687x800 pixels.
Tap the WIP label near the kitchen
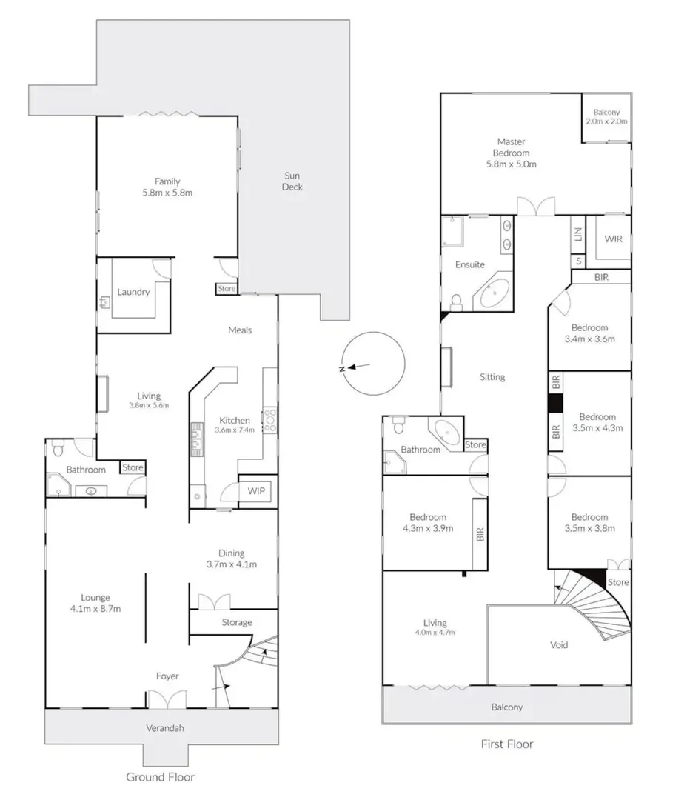point(256,490)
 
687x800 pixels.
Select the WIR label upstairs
point(613,239)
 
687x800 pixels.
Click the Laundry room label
point(133,292)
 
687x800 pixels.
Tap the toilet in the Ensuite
point(457,301)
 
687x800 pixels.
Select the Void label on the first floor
point(560,645)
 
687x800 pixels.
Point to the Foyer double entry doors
point(167,699)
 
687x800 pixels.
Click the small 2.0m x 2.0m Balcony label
point(606,121)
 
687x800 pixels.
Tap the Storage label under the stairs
point(237,623)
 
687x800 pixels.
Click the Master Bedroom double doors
point(535,207)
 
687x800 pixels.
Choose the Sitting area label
point(492,377)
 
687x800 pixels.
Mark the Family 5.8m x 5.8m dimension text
point(167,193)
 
